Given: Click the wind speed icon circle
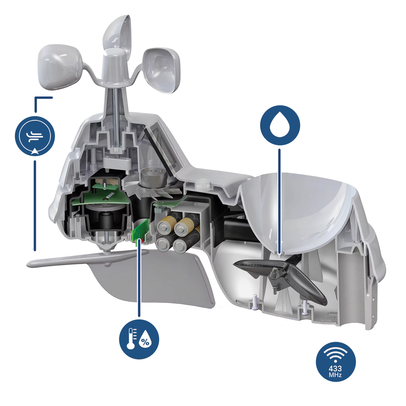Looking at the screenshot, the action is tap(35, 136).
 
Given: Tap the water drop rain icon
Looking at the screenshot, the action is tap(280, 125).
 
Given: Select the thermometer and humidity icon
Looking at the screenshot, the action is tap(139, 339).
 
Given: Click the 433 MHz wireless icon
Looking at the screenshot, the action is tap(336, 368).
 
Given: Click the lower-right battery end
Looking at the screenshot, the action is tap(180, 245).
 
